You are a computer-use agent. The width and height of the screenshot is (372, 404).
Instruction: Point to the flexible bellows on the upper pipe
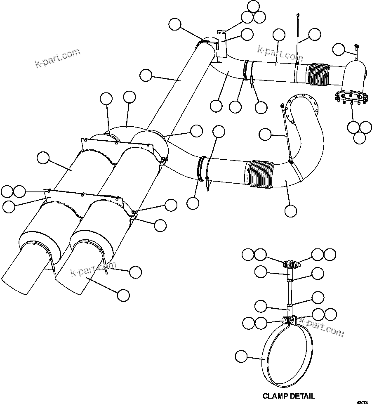(320, 75)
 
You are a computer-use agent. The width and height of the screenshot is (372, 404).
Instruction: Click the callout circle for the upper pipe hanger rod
(314, 35)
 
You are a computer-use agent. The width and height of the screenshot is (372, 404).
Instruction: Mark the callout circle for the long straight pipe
(146, 75)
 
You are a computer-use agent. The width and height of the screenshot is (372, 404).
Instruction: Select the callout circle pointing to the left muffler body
(42, 158)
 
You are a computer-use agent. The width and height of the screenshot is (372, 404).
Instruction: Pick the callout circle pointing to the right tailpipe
(123, 295)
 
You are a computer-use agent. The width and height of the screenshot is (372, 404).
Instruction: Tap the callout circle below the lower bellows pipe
(290, 210)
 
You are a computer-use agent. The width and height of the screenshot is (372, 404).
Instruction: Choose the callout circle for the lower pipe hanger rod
(265, 134)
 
